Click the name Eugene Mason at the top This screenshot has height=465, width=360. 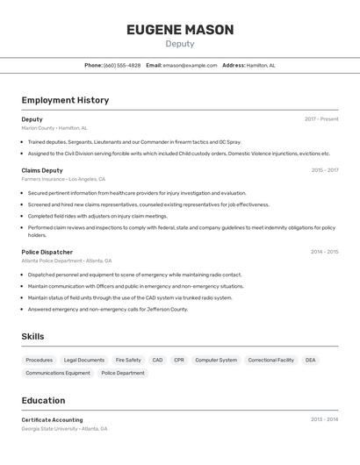180,30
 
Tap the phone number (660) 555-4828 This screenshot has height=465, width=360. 122,65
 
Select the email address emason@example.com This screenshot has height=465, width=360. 190,65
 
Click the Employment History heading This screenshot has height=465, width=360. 65,100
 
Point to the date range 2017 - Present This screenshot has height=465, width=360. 321,119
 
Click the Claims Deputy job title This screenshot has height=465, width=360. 42,170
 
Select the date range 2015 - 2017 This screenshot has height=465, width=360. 324,170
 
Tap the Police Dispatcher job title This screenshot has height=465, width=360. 47,252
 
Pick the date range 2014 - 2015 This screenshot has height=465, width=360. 324,252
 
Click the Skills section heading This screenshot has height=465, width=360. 32,337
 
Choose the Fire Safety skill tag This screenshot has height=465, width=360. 127,360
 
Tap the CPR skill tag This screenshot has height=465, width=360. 179,360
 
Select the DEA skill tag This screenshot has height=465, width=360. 310,360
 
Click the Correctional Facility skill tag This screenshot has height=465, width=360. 270,360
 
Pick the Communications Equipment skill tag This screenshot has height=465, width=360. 58,373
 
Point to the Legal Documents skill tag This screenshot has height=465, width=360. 84,360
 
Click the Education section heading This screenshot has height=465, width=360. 44,400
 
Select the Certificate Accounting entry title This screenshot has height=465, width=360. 52,419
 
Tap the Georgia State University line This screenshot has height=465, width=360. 64,429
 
